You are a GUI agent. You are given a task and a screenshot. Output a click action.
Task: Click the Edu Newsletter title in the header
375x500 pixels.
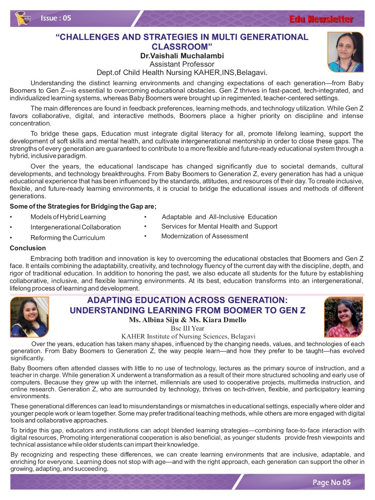(321, 19)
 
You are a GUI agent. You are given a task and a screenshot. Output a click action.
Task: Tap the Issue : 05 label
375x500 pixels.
(56, 19)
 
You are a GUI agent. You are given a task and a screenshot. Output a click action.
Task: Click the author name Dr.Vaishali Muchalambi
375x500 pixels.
(182, 56)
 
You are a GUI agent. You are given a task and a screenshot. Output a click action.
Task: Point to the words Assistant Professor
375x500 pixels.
(182, 64)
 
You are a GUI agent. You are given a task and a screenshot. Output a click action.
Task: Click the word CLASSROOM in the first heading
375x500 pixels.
(182, 47)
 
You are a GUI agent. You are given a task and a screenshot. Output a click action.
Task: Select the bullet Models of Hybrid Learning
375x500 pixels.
(68, 217)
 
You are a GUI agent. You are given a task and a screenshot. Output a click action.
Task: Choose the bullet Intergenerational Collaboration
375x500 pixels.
(75, 227)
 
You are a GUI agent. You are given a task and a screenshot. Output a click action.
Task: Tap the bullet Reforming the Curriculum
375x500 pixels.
(68, 237)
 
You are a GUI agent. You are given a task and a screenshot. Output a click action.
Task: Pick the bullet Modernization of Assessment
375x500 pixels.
(205, 236)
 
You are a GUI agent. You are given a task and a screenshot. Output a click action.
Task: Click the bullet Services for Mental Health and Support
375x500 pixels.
(219, 226)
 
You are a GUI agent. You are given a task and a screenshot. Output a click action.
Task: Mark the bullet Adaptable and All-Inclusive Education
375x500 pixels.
(219, 217)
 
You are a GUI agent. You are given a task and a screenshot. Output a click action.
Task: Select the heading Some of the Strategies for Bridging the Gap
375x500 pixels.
(83, 206)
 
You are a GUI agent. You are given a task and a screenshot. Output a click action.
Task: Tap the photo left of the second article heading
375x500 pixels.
(29, 317)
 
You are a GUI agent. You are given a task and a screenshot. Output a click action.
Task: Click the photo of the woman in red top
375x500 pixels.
(344, 317)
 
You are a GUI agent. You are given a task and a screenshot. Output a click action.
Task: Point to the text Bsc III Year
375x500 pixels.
(187, 328)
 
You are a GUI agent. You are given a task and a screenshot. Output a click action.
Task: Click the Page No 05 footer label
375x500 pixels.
(331, 482)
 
